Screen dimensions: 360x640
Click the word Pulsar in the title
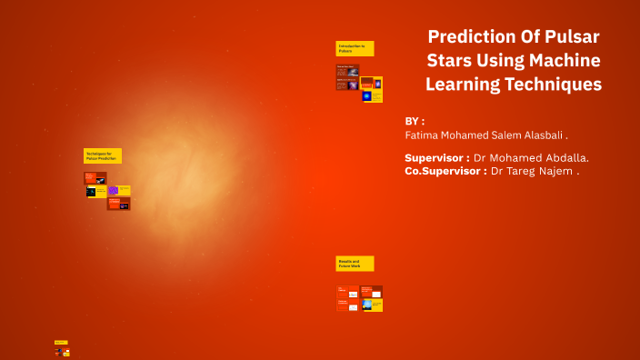tap(570, 37)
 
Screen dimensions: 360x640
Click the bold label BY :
tap(415, 121)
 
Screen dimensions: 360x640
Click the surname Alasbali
tap(541, 135)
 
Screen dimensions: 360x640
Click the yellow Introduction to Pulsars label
tap(355, 48)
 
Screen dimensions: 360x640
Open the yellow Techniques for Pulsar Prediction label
tap(102, 156)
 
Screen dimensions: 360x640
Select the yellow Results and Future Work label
tap(355, 264)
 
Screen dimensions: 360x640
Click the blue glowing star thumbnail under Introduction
tap(367, 95)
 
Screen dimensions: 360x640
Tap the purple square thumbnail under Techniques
tap(114, 191)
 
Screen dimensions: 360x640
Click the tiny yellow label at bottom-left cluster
tap(61, 343)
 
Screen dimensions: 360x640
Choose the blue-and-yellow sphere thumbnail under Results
tap(367, 305)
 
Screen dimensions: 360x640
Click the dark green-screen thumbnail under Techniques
tap(92, 192)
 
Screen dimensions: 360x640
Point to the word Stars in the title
tap(453, 61)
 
